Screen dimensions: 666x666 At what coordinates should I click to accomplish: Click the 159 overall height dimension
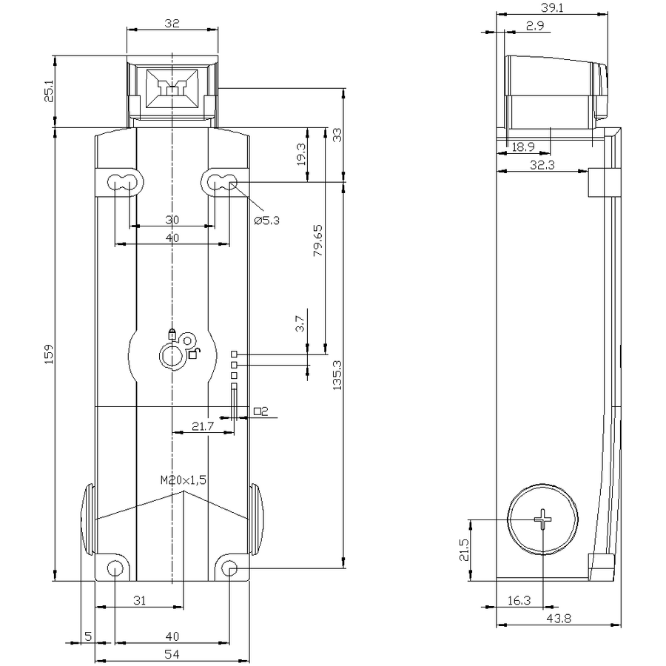pos(50,354)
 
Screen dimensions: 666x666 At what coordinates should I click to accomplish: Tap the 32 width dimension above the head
pos(172,24)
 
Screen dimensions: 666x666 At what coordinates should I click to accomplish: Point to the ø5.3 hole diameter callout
pos(266,220)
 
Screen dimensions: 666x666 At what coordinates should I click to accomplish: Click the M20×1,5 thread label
pos(184,480)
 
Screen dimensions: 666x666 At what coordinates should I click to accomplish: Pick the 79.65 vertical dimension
pos(317,240)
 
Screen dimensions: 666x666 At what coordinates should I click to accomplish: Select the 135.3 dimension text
pos(337,375)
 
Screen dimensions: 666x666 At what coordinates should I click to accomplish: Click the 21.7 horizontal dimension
pos(203,426)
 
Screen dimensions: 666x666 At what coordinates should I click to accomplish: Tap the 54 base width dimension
pos(172,655)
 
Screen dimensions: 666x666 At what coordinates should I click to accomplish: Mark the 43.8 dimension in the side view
pos(559,619)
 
